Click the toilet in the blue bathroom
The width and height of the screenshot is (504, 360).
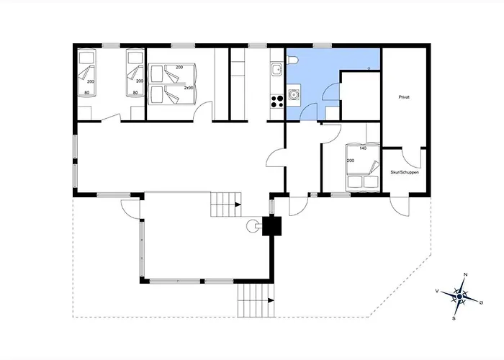click(292, 60)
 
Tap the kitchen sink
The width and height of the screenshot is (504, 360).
click(276, 69)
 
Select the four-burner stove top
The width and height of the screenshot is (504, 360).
click(276, 102)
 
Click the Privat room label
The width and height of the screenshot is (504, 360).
click(404, 97)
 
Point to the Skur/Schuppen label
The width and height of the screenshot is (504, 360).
click(405, 172)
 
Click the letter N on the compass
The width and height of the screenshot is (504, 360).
click(465, 274)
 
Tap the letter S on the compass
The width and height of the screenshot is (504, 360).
click(454, 318)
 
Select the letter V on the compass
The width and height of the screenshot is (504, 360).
click(437, 291)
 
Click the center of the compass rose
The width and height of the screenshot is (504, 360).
click(459, 296)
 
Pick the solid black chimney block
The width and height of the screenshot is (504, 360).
click(272, 226)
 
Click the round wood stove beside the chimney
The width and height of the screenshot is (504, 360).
click(252, 226)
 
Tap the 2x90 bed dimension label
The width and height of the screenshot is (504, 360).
click(189, 87)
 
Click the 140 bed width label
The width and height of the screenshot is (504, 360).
click(363, 148)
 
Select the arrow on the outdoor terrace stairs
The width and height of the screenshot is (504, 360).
click(271, 300)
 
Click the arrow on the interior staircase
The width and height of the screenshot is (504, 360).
click(238, 204)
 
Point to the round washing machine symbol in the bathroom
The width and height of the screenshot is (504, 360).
click(294, 95)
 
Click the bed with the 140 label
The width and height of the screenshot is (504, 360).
click(363, 167)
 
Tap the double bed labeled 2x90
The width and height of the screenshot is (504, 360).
click(171, 84)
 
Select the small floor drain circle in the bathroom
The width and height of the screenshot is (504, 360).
click(369, 68)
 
